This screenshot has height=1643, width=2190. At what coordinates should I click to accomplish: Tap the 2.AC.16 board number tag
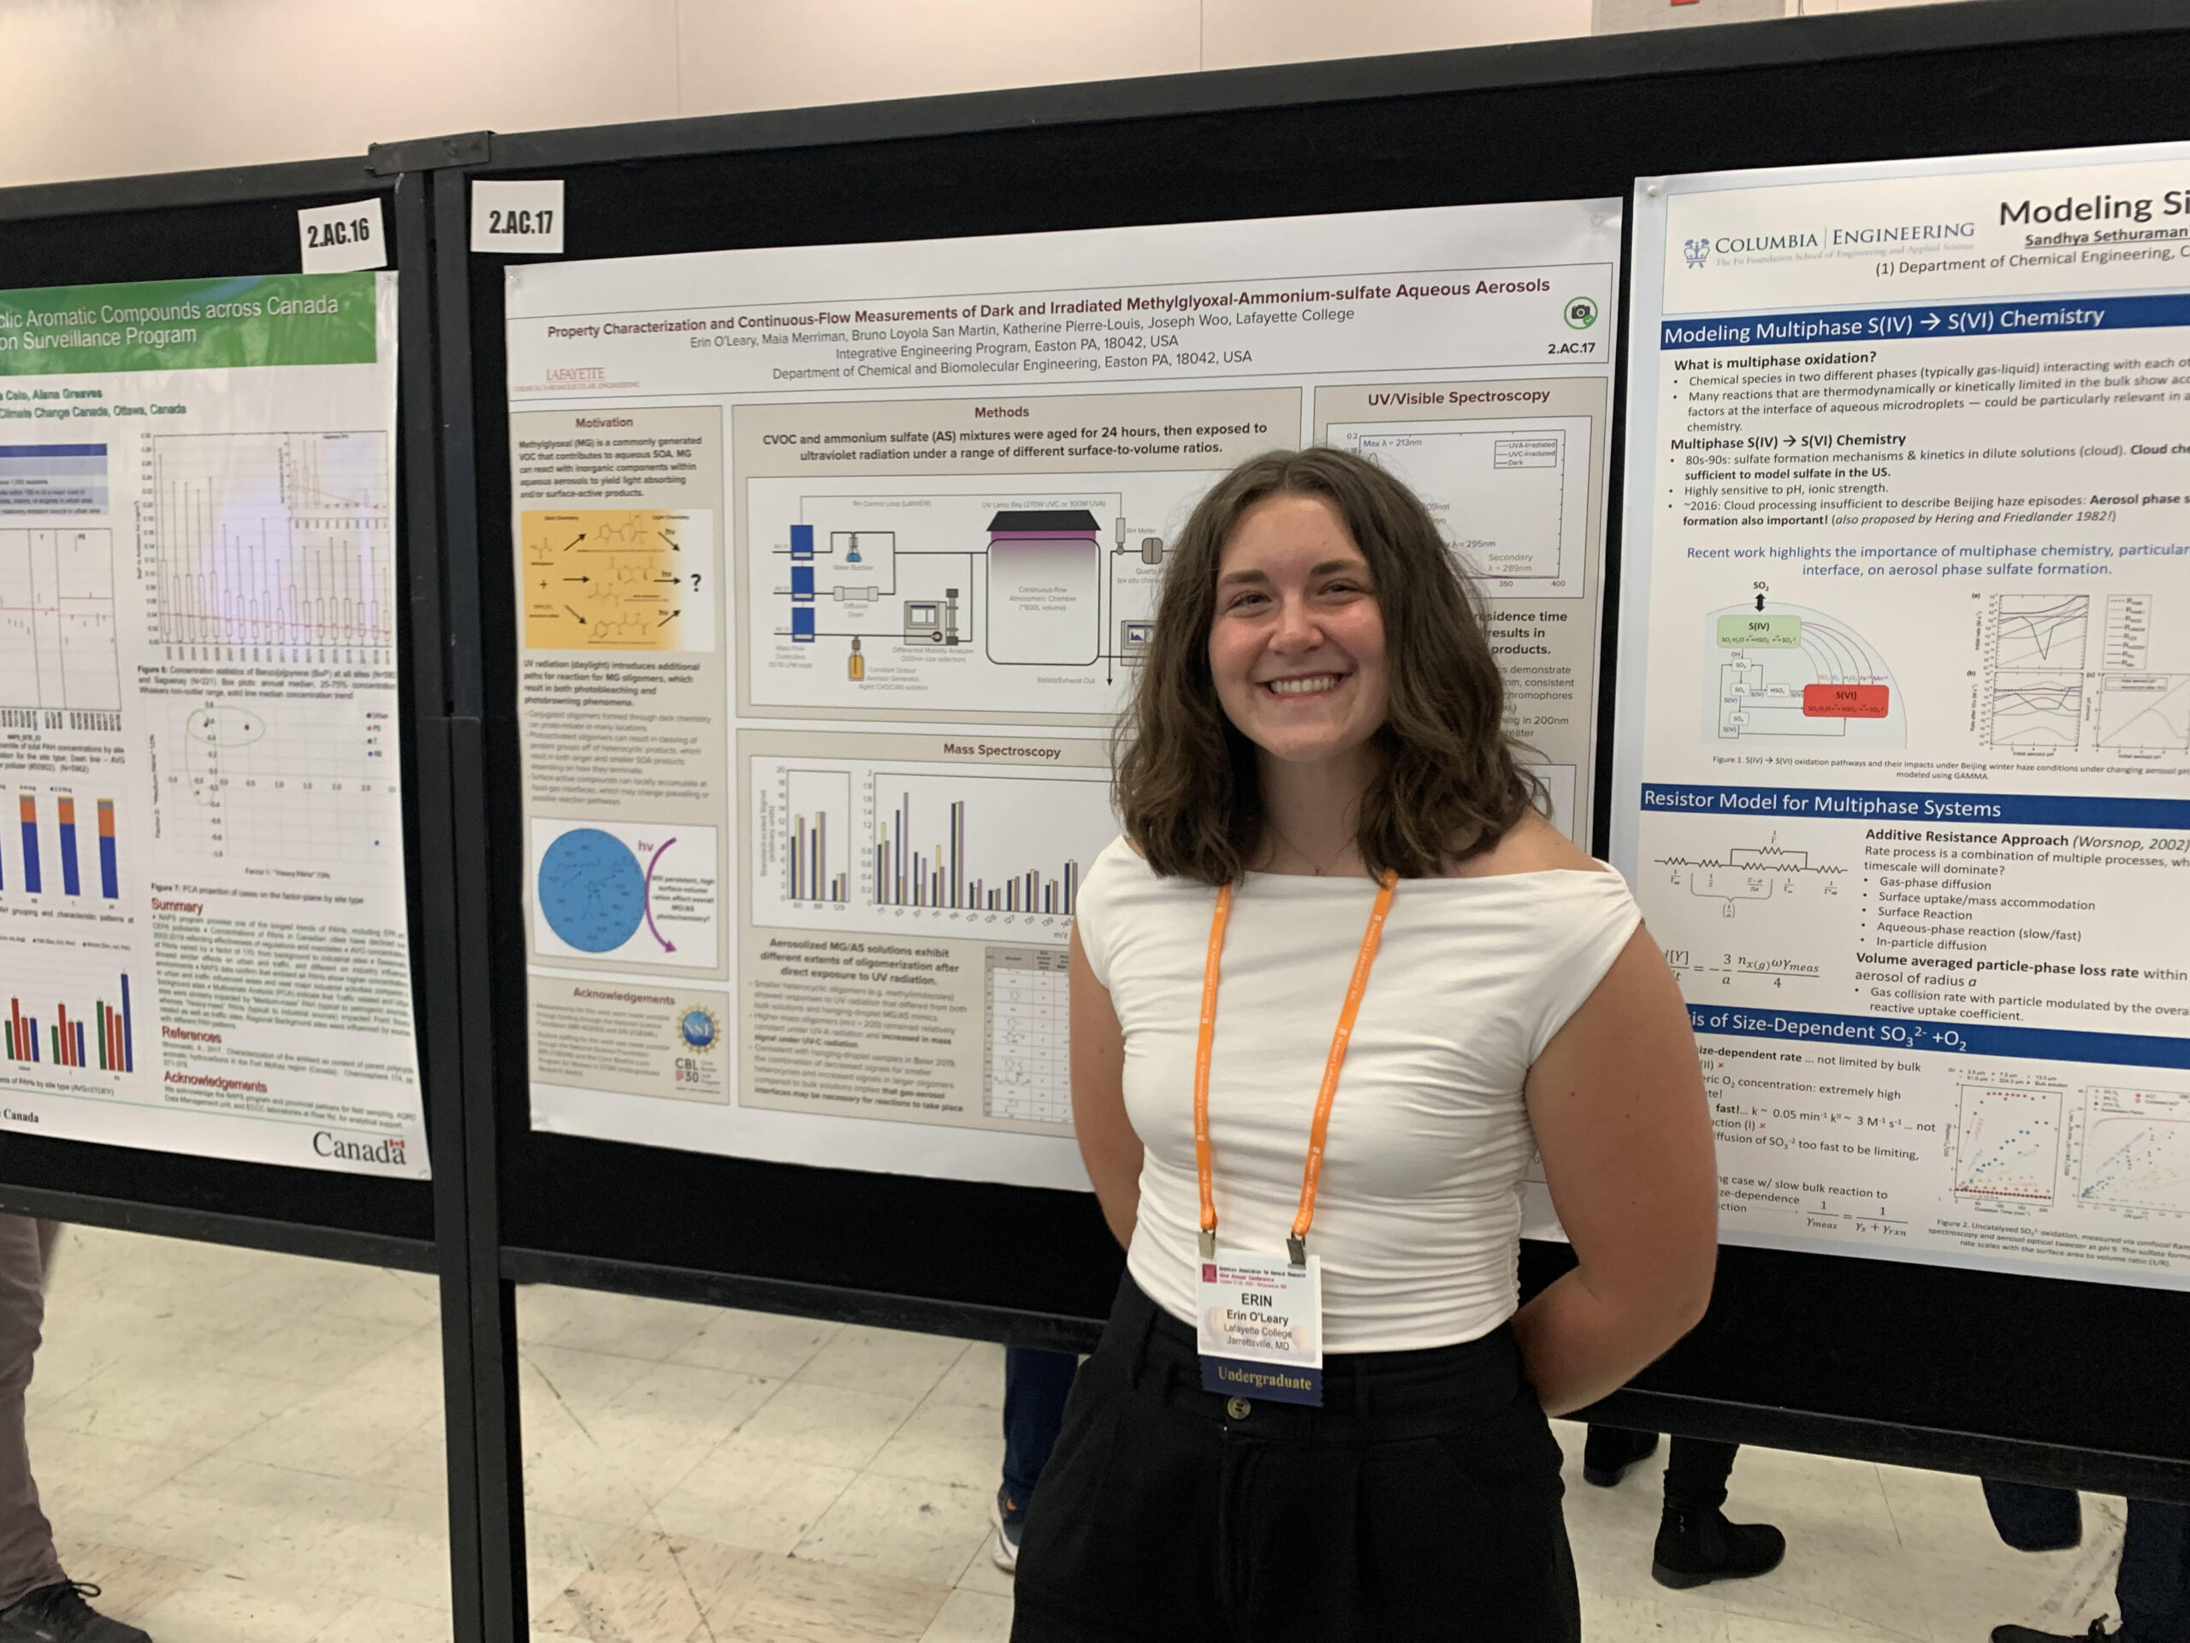pyautogui.click(x=338, y=234)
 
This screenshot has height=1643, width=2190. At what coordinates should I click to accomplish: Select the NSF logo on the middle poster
pyautogui.click(x=698, y=1027)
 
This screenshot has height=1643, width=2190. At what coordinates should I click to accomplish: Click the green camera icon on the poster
pyautogui.click(x=1580, y=313)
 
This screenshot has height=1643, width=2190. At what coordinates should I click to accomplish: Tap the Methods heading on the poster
pyautogui.click(x=1001, y=412)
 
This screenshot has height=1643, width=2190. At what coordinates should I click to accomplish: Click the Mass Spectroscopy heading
pyautogui.click(x=1001, y=750)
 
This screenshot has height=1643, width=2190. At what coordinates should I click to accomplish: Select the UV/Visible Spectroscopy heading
pyautogui.click(x=1458, y=397)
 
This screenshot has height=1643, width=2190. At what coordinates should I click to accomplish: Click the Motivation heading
pyautogui.click(x=604, y=422)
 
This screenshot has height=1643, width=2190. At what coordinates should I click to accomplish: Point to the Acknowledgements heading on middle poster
pyautogui.click(x=624, y=996)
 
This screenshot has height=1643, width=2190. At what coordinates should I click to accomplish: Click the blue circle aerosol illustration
pyautogui.click(x=592, y=893)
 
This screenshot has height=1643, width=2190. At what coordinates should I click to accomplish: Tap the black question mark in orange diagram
pyautogui.click(x=696, y=583)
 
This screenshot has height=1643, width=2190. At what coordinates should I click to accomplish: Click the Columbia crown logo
pyautogui.click(x=1696, y=252)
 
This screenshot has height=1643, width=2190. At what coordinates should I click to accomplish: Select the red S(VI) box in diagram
pyautogui.click(x=1845, y=700)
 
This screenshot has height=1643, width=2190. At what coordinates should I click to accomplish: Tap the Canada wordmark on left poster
pyautogui.click(x=358, y=1147)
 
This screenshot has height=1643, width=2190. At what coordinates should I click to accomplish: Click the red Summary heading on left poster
pyautogui.click(x=176, y=905)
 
